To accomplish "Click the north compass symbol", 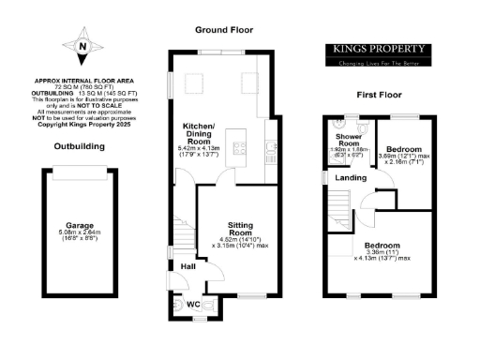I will click(83, 47).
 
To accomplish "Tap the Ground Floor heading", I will click(223, 30).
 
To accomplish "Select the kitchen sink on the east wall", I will click(269, 145).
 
